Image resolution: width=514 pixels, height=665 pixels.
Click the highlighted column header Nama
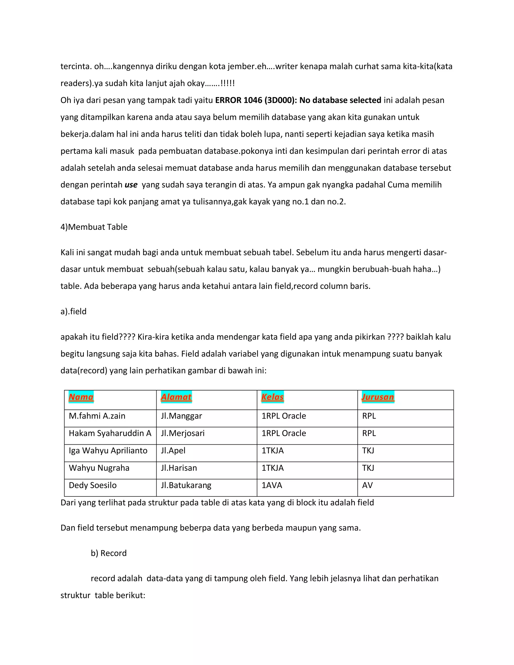81,397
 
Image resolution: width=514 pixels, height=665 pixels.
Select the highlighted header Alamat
176,397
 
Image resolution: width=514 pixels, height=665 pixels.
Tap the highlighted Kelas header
272,397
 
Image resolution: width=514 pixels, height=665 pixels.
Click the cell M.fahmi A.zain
97,416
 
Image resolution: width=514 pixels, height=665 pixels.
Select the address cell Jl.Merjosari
183,433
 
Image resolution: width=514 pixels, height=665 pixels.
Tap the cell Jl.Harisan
179,468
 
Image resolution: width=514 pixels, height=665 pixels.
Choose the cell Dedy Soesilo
93,485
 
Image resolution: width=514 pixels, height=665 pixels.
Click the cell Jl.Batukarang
186,485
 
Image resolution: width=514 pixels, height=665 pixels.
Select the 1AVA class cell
272,485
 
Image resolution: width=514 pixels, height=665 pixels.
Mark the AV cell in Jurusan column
367,485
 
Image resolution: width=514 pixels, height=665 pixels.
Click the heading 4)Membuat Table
94,227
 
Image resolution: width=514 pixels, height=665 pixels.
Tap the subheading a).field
73,311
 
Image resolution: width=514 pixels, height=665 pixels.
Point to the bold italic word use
131,185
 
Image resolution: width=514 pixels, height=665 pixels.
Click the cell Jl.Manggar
181,416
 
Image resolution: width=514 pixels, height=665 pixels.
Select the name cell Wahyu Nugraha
99,468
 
